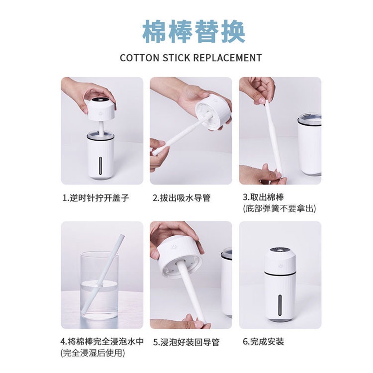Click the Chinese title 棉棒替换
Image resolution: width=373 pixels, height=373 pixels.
[x=193, y=31]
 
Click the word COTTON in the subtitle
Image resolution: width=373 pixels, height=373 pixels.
[x=139, y=58]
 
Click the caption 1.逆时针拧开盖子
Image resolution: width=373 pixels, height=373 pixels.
[x=95, y=198]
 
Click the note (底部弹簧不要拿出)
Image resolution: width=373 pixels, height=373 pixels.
[x=280, y=208]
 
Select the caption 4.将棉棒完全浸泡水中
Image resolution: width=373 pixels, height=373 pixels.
[x=102, y=342]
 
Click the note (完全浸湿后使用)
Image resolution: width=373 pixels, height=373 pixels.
[x=93, y=353]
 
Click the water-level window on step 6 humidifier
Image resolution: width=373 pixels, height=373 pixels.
[x=283, y=305]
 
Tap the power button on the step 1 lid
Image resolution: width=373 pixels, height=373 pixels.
[x=101, y=112]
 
